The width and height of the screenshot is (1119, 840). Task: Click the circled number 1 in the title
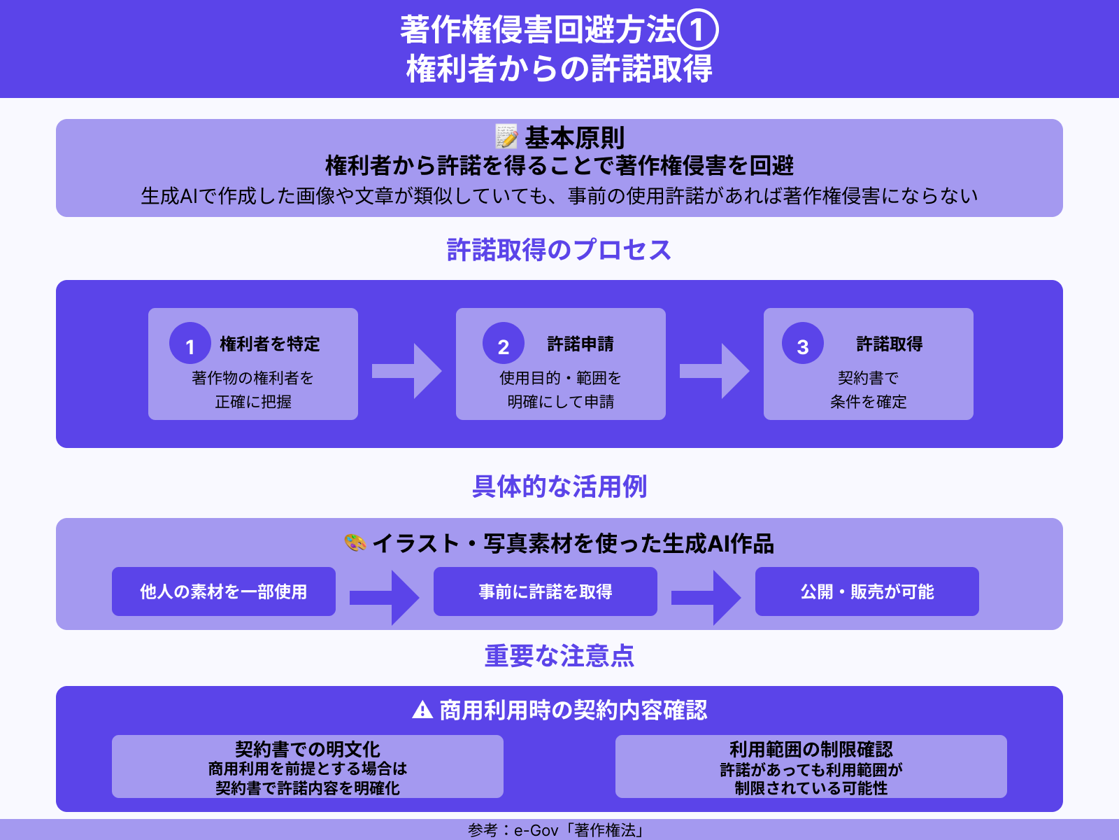(x=697, y=30)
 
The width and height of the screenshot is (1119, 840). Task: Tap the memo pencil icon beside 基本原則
(x=506, y=136)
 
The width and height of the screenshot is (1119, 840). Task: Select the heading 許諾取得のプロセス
(x=559, y=250)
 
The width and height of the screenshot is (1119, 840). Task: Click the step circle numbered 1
(x=190, y=344)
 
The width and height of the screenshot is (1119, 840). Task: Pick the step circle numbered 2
(x=504, y=344)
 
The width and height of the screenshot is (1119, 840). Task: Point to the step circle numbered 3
(x=803, y=344)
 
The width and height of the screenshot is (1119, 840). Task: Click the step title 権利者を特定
(x=270, y=344)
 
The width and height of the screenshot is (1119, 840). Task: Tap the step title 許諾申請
(x=580, y=344)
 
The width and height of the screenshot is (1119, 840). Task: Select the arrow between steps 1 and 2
(x=406, y=371)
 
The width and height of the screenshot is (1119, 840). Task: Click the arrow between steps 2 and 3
(x=714, y=371)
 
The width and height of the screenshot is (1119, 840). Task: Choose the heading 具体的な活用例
(x=559, y=486)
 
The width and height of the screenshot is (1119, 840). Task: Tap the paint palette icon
(x=355, y=542)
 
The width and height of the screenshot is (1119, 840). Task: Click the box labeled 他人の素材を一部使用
(x=224, y=591)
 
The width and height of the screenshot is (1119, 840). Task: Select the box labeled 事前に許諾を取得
(x=546, y=591)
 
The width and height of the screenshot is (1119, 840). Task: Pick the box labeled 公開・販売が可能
(x=867, y=591)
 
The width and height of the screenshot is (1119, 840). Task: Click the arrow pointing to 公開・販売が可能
(x=706, y=597)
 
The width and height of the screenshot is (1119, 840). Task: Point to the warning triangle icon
(x=422, y=710)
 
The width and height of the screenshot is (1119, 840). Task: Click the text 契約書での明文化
(x=308, y=749)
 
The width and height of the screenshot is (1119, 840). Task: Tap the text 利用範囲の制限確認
(x=811, y=749)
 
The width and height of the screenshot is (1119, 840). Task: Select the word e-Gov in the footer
(x=536, y=830)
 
